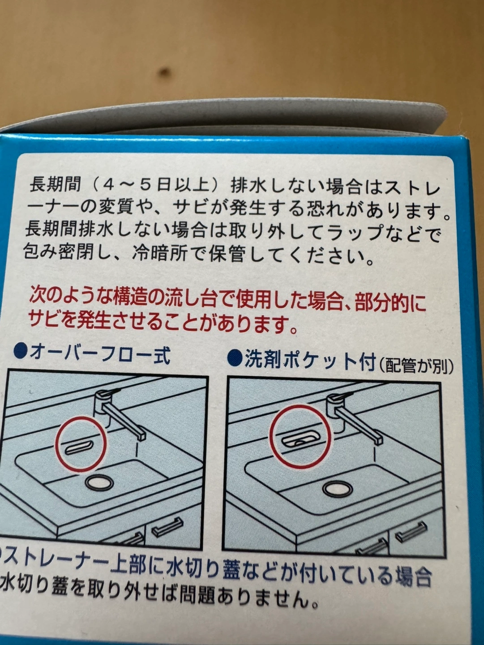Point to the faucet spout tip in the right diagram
[x=379, y=445]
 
